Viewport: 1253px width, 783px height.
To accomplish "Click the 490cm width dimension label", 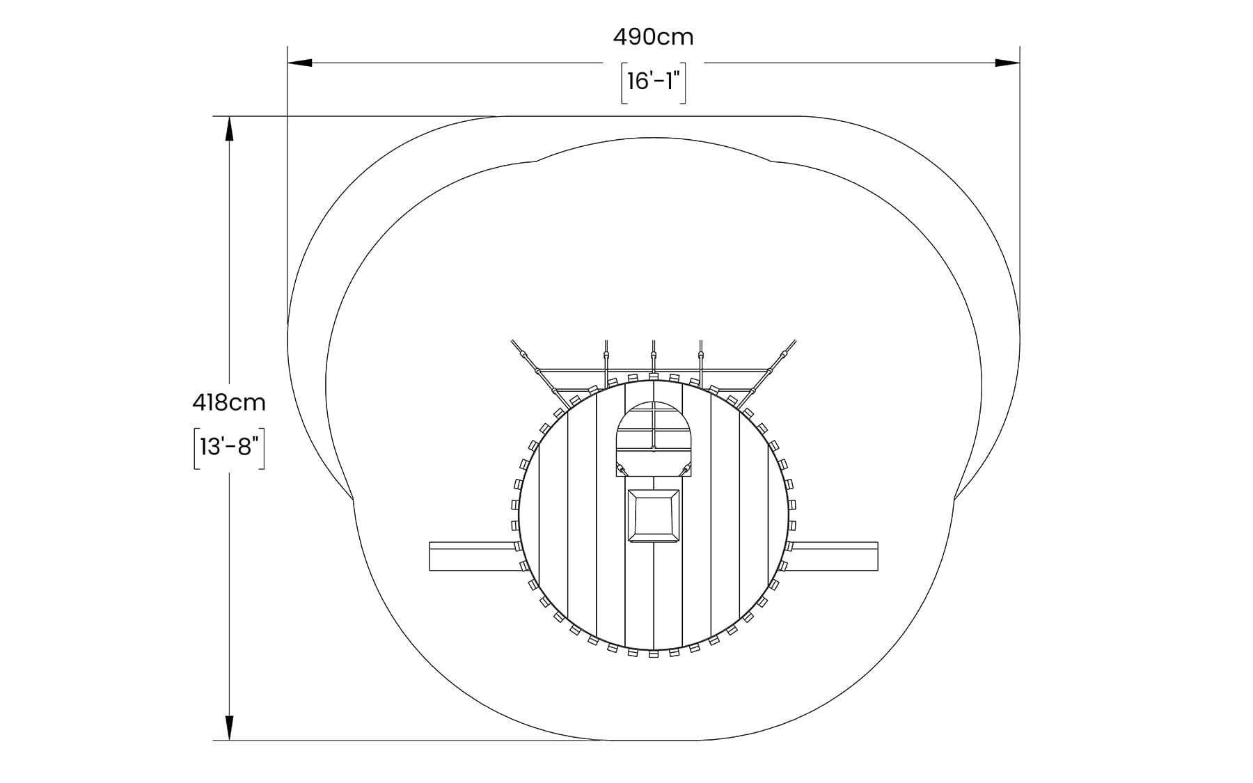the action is point(653,37).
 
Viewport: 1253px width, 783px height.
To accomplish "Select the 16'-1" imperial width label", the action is point(654,81).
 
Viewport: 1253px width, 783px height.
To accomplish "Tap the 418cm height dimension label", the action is point(229,402).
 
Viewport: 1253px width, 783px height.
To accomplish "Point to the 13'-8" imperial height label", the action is point(229,446).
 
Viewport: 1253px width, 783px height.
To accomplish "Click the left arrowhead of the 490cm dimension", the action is point(300,63).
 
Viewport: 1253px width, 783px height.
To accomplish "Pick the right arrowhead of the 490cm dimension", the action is point(1008,63).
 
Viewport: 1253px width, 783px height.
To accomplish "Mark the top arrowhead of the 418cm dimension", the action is point(230,129).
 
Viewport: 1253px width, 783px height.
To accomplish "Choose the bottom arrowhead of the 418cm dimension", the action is point(230,728).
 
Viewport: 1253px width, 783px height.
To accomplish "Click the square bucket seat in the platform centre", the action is point(654,516).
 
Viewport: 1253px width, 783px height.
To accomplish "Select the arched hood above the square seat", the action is point(654,438).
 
